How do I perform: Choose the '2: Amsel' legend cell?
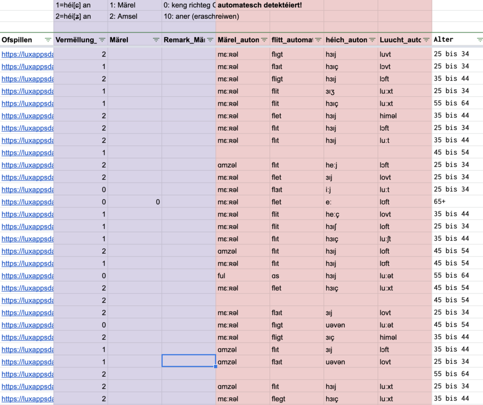[x=125, y=17]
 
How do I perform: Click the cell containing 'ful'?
[x=222, y=275]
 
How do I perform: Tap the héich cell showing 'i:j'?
[x=330, y=189]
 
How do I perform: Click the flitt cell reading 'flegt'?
[x=278, y=398]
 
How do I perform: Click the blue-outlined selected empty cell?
[x=189, y=361]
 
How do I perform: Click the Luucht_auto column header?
[x=400, y=40]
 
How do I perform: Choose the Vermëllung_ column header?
[x=75, y=40]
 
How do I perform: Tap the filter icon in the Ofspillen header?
[x=48, y=40]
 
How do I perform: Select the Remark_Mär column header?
[x=184, y=40]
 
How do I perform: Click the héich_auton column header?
[x=346, y=40]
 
